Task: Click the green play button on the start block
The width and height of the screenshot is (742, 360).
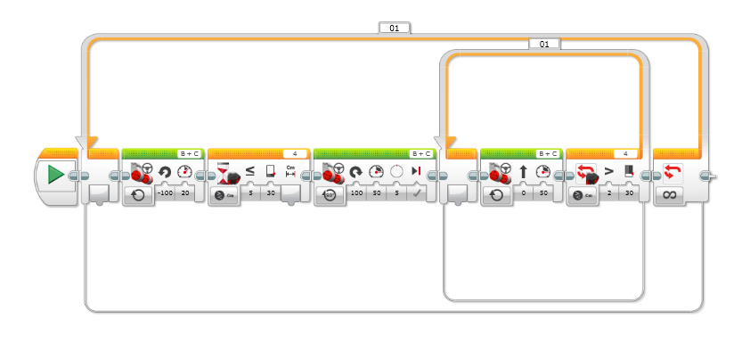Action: point(55,175)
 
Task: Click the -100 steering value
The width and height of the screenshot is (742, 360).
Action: point(165,192)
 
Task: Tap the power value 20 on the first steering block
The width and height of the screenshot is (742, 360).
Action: point(185,192)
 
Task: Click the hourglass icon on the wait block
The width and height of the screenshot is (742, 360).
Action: point(225,169)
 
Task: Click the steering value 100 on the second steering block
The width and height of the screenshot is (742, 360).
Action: point(357,192)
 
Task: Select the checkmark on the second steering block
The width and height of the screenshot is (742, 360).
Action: point(416,192)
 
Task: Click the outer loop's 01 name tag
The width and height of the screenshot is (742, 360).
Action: point(394,28)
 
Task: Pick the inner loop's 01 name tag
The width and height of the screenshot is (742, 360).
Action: point(544,43)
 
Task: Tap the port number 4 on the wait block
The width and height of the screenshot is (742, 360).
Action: point(295,153)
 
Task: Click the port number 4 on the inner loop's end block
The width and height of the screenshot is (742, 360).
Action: point(625,153)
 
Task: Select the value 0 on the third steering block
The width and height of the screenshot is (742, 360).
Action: point(523,192)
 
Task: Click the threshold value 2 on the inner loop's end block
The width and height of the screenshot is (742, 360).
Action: point(608,192)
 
